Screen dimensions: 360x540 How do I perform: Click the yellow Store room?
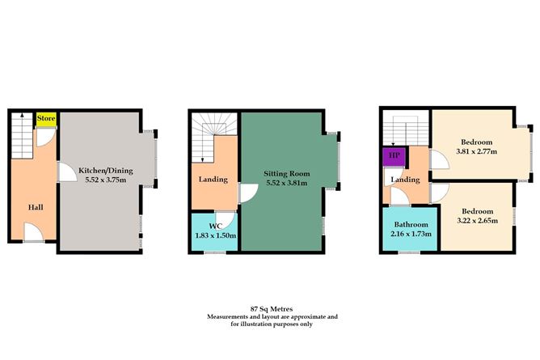click(45, 118)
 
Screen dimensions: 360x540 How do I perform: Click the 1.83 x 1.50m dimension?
click(213, 235)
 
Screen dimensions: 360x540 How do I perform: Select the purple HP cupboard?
click(394, 155)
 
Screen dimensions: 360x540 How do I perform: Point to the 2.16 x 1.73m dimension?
click(410, 235)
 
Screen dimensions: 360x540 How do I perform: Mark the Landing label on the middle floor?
click(213, 179)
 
